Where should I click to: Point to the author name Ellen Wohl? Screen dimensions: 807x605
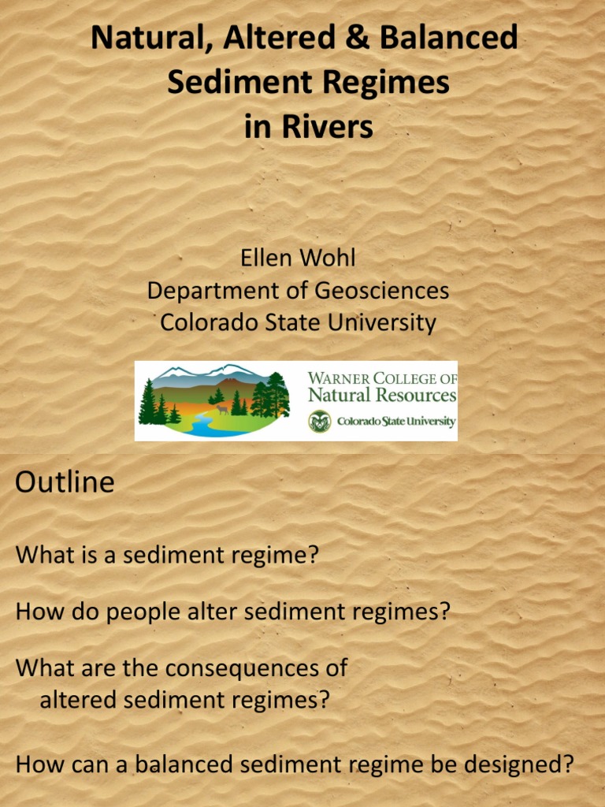[298, 258]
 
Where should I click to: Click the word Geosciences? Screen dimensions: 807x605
[382, 290]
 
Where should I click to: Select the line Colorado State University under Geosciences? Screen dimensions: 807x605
[298, 322]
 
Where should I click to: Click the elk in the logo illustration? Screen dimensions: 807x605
[222, 409]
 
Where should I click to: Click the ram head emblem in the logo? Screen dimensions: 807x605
[319, 422]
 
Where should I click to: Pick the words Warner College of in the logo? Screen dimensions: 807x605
[382, 378]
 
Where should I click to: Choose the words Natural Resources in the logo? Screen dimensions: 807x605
[382, 395]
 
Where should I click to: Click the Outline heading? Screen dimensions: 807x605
[65, 482]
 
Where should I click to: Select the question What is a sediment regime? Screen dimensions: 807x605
[167, 555]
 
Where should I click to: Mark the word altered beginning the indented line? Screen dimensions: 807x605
[76, 700]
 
